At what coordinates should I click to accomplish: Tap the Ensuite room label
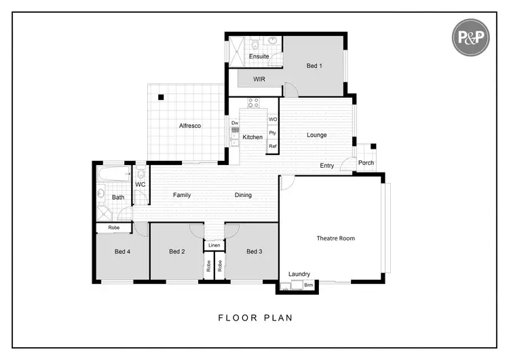(x=259, y=56)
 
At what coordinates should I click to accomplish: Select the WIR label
(x=259, y=79)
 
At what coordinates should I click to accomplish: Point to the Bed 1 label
(x=314, y=66)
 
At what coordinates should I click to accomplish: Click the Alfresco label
(x=189, y=126)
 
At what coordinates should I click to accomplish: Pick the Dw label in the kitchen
(x=235, y=123)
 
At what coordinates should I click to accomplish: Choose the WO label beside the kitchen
(x=273, y=120)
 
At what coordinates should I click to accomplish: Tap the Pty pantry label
(x=273, y=132)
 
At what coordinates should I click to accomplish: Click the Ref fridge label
(x=273, y=146)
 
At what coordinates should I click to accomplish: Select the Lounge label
(x=316, y=135)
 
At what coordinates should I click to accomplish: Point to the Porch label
(x=366, y=163)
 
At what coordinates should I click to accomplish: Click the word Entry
(x=327, y=166)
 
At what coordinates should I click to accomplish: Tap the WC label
(x=140, y=184)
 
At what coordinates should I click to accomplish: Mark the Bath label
(x=118, y=198)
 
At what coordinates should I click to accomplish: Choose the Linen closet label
(x=214, y=245)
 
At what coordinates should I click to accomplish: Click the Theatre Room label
(x=335, y=238)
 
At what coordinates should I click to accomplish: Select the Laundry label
(x=299, y=274)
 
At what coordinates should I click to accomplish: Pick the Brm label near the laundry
(x=308, y=285)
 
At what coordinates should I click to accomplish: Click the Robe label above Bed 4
(x=114, y=228)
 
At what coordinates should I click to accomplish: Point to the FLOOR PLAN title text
(x=255, y=317)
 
